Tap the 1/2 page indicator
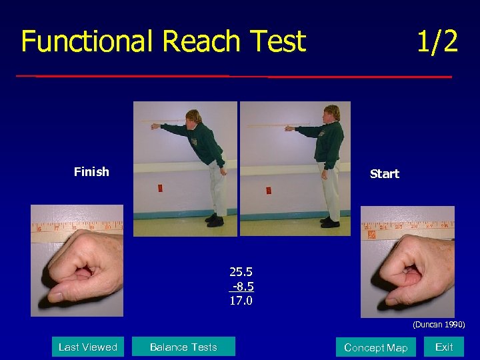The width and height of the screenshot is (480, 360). tap(437, 41)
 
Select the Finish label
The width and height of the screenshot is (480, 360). tap(91, 172)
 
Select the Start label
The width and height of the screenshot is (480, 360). tap(384, 174)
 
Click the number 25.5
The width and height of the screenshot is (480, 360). tap(241, 272)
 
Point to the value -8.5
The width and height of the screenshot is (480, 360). tap(242, 287)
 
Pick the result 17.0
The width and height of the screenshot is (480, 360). tap(241, 301)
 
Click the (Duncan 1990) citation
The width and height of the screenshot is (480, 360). tap(438, 325)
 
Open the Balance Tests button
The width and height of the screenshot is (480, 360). tap(183, 347)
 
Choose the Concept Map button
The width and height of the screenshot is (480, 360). tap(375, 347)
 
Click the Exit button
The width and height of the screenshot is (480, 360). tap(444, 347)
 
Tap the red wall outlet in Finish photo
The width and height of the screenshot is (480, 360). tap(160, 189)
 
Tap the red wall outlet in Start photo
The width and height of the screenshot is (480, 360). tap(268, 190)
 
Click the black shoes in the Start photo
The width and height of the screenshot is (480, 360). tap(329, 222)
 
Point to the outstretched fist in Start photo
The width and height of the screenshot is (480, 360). tap(289, 128)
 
